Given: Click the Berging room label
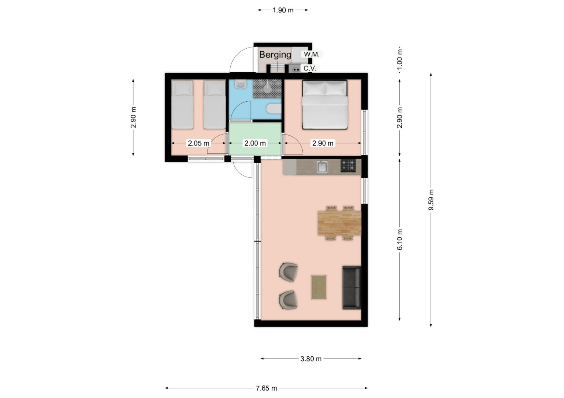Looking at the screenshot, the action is tap(275, 55).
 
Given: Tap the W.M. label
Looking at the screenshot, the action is tap(312, 54).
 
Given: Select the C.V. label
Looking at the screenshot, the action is tap(310, 69).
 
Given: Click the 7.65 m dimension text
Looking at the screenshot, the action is tap(266, 388).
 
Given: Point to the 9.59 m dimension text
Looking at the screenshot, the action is tap(431, 200).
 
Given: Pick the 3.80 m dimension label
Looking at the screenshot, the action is tap(311, 359).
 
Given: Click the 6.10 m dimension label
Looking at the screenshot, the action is tap(400, 240).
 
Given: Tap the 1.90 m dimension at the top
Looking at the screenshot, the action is tap(283, 10).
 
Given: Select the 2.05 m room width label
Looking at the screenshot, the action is tap(199, 143).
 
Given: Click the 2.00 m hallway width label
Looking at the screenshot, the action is tap(255, 143).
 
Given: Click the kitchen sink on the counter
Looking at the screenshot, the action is tap(322, 167).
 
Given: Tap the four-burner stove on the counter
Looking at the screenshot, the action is tap(348, 165).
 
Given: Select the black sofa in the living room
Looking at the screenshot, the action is tap(352, 287).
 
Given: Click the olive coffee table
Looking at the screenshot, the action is tap(319, 287).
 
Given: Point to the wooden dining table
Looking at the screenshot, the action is tap(340, 223).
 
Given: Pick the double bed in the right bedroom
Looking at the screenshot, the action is tap(325, 105).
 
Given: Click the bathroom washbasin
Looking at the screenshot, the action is tap(241, 84).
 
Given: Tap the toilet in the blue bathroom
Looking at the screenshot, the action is tap(274, 109).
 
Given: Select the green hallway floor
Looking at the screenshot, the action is tap(255, 139).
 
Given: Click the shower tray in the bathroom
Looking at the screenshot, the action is tap(267, 88).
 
